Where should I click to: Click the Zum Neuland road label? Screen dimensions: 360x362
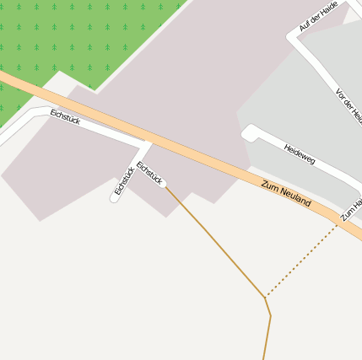pos(286,194)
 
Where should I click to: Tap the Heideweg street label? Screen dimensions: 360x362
pos(299,154)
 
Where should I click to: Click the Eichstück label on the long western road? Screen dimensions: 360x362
pos(65,116)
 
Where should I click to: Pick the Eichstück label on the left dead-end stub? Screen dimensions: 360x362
pos(124,181)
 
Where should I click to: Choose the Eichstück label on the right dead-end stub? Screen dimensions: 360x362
pos(149,173)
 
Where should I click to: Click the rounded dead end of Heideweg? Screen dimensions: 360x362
pos(249,132)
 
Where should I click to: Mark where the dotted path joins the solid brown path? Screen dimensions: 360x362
pos(266,297)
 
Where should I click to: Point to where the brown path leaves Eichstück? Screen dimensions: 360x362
pos(164,185)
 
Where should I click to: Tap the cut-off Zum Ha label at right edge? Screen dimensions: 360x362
pos(352,210)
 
